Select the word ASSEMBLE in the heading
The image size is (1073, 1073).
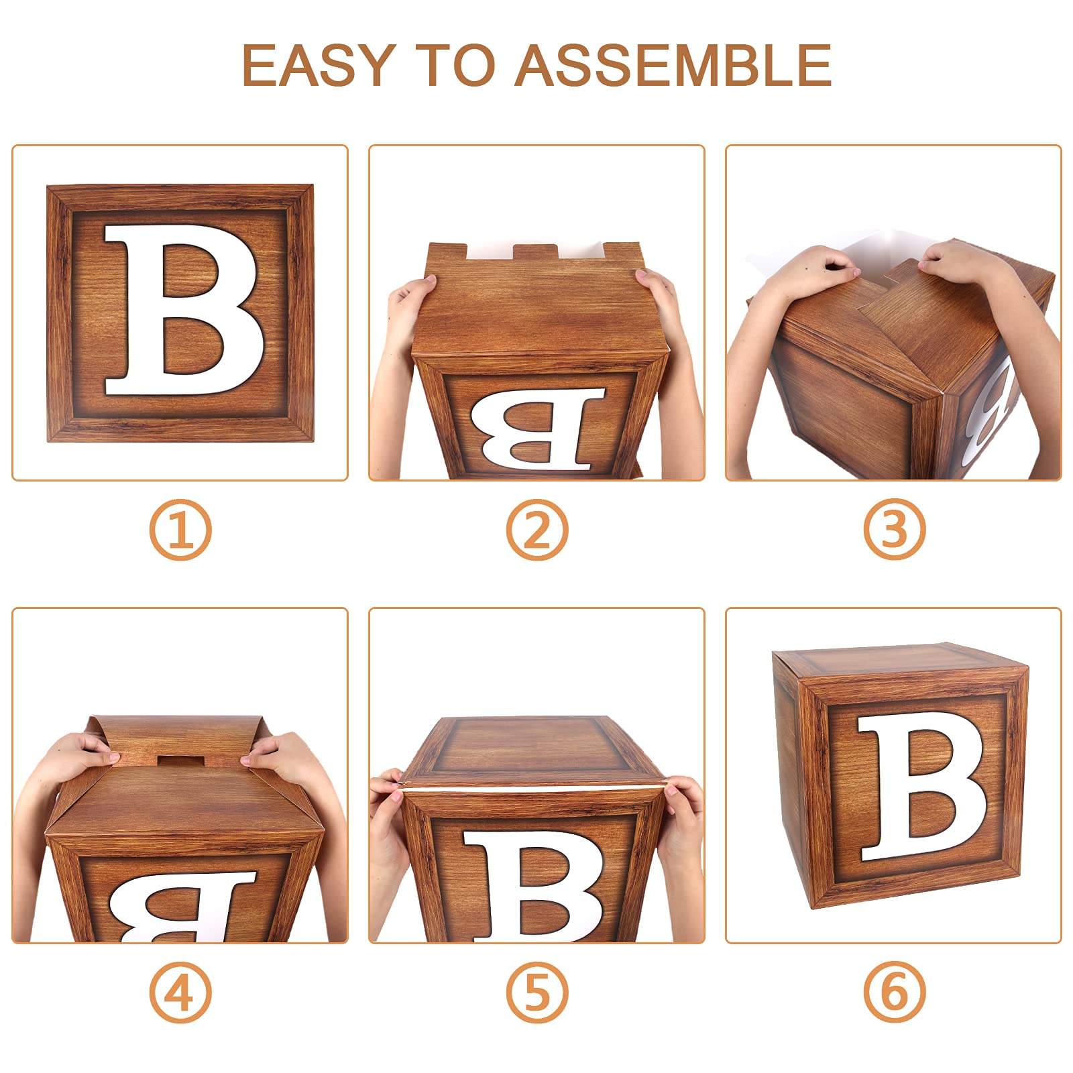coord(673,65)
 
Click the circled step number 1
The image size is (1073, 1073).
coord(180,530)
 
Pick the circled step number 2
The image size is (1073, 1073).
coord(536,530)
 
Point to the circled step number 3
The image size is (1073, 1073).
coord(894,530)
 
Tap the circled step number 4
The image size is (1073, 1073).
coord(180,992)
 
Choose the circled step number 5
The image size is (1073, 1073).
coord(536,992)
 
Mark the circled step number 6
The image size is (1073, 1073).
coord(894,992)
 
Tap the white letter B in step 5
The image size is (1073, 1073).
coord(536,885)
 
